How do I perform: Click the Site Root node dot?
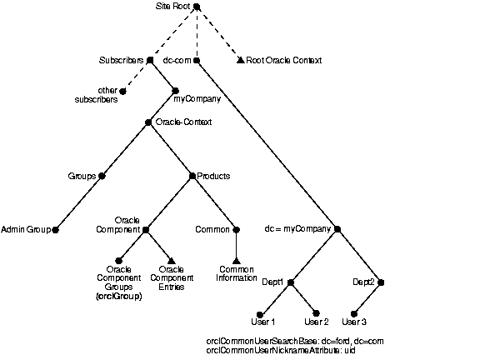[x=197, y=8]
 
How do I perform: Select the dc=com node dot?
[x=197, y=60]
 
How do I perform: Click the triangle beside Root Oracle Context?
[x=240, y=60]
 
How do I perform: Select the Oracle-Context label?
[x=183, y=122]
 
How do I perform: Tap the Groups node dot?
[x=102, y=176]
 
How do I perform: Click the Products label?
[x=213, y=176]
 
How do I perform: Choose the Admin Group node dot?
[x=56, y=228]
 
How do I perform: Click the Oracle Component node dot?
[x=146, y=228]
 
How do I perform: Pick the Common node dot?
[x=237, y=228]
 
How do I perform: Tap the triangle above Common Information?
[x=237, y=260]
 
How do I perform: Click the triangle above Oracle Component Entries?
[x=172, y=260]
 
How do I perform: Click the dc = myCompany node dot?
[x=337, y=228]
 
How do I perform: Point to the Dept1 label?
[x=272, y=282]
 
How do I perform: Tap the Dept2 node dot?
[x=381, y=282]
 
